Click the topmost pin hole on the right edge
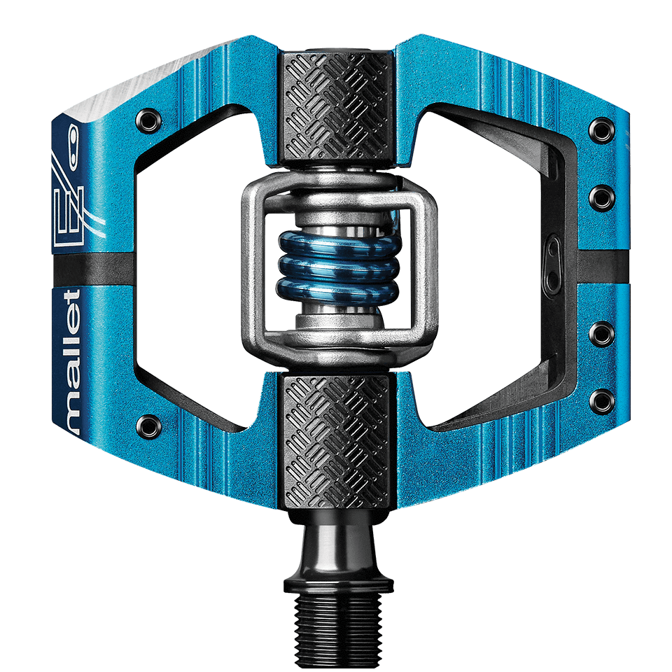pos(600,128)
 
